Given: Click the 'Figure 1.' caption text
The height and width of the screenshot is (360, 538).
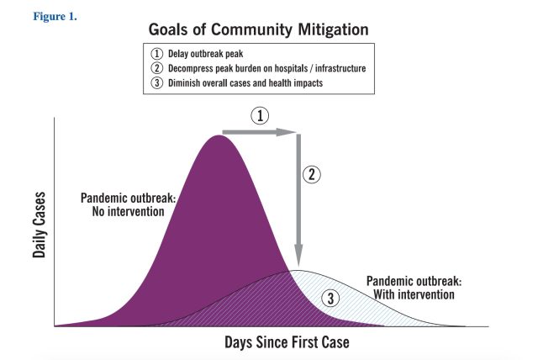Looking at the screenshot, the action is coord(55,17).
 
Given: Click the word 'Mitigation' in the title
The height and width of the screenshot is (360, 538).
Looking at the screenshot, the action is coord(333,29).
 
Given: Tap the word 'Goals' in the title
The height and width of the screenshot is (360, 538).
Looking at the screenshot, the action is coord(168,29).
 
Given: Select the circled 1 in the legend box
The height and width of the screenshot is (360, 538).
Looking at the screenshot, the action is coord(157,54).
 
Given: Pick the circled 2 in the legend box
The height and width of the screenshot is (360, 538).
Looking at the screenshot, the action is coord(157,68).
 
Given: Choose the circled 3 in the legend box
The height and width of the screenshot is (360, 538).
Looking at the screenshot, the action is coord(157,83).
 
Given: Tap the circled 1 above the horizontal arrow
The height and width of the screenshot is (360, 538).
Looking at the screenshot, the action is coord(260,115).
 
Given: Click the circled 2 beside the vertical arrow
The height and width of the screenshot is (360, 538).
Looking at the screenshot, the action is coord(312,174).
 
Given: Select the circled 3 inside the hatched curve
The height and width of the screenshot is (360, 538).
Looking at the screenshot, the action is coord(330,299).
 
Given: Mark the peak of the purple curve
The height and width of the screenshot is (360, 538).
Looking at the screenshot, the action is coord(219,135).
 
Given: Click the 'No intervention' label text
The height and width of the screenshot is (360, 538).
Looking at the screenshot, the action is coord(128,211).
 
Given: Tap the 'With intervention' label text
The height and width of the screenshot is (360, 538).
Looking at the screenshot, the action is coord(414,294).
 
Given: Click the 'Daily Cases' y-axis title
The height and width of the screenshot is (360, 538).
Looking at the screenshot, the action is coord(39,225).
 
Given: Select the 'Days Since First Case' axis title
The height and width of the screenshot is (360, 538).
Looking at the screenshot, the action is coord(287,342).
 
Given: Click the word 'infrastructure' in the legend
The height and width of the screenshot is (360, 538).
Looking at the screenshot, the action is coord(340,68).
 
